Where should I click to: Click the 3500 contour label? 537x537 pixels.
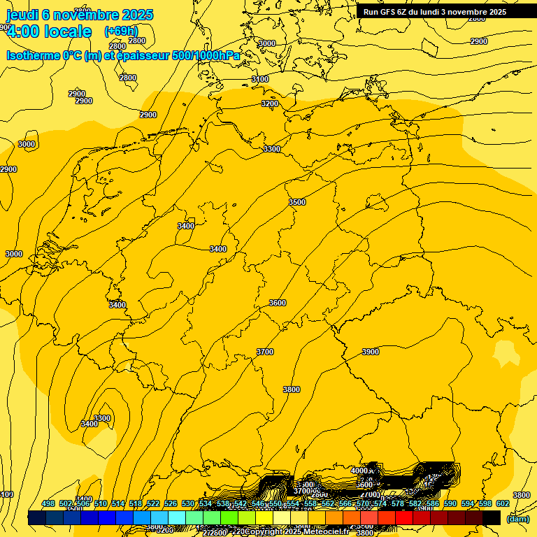click(297, 202)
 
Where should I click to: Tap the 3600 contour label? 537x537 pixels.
click(278, 303)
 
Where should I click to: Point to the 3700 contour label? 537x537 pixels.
click(265, 352)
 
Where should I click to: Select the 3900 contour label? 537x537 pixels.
click(371, 352)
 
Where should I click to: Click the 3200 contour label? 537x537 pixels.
click(270, 103)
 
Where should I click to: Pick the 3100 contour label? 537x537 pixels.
click(260, 79)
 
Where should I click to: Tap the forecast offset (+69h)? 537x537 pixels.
click(121, 31)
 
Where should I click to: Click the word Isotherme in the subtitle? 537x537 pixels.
click(33, 55)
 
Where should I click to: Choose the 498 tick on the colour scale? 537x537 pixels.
click(48, 504)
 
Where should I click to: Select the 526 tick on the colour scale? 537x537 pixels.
click(171, 504)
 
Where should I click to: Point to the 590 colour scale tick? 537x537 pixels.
click(451, 504)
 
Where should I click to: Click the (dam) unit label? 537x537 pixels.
click(518, 519)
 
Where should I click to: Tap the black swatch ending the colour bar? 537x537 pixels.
click(492, 517)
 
